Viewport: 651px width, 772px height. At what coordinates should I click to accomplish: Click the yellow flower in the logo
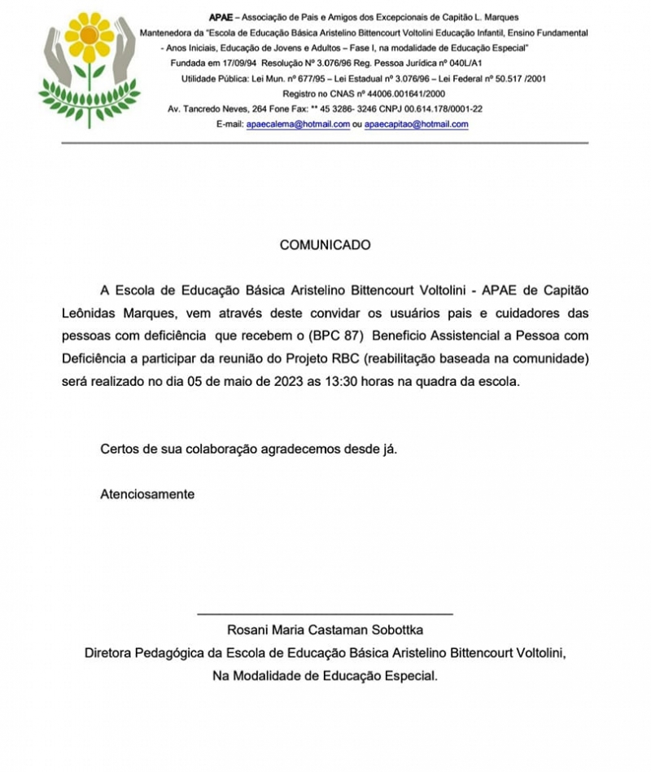[89, 37]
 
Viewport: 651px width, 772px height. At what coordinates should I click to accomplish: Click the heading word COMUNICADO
[325, 244]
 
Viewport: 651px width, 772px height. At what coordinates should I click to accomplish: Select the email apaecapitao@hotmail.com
[416, 125]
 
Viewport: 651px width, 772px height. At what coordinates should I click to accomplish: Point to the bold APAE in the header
[220, 17]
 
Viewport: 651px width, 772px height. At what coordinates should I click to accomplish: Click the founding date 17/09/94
[234, 64]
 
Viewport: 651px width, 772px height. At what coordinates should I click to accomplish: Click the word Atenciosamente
[147, 493]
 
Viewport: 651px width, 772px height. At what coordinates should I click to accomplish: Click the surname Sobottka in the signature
[394, 629]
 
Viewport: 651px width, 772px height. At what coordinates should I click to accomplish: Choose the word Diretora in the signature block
[111, 652]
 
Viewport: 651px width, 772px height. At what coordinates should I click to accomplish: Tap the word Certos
[119, 448]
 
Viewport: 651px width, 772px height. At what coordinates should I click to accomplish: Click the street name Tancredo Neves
[215, 108]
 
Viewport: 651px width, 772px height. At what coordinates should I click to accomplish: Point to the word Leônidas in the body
[90, 314]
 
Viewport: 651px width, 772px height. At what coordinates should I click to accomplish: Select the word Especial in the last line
[409, 675]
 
